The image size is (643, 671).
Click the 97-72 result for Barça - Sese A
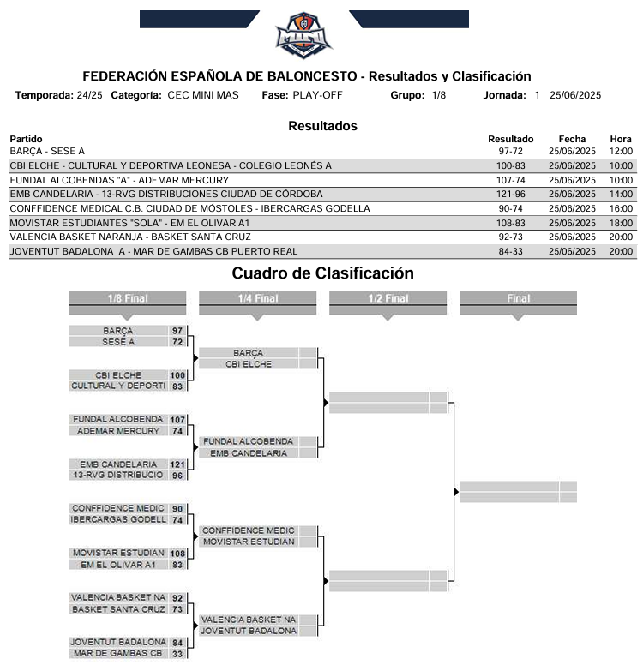click(510, 152)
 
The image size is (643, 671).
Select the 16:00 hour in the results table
click(621, 208)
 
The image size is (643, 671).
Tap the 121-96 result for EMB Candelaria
click(510, 194)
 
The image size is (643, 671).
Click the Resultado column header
click(510, 139)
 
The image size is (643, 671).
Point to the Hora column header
click(621, 139)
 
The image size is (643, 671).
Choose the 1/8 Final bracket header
click(126, 299)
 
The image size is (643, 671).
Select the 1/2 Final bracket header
click(388, 299)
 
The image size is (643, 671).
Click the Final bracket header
click(518, 299)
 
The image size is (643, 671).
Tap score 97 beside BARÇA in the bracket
click(177, 331)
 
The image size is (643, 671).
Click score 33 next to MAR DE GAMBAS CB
click(177, 654)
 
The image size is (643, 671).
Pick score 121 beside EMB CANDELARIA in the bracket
click(177, 464)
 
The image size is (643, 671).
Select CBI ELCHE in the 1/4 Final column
click(249, 364)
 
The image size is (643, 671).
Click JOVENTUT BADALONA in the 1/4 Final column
click(249, 631)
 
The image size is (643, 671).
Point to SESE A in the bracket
click(118, 342)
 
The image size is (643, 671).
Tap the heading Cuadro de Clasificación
click(322, 273)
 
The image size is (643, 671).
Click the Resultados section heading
click(322, 126)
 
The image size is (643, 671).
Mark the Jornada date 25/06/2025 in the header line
click(575, 95)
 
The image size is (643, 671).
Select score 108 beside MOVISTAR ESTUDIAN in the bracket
click(177, 554)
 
